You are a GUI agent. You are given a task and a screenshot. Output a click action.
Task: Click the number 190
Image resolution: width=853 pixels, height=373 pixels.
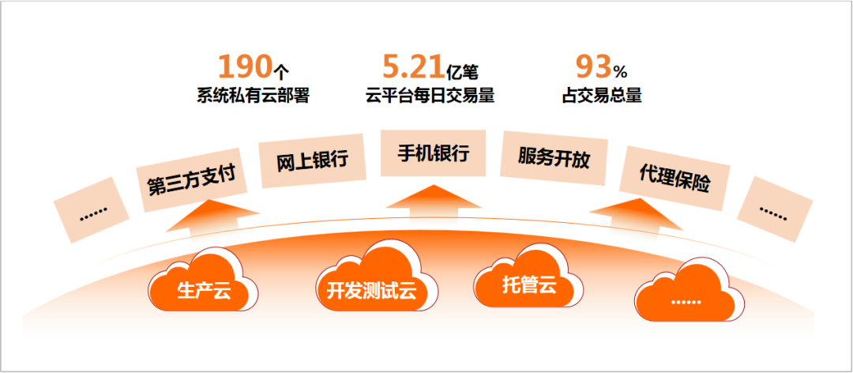pos(244,65)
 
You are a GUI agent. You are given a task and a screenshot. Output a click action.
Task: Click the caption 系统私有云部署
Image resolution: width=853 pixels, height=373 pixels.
pos(253,96)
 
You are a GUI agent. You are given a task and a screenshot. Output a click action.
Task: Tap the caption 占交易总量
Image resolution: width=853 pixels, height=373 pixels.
pos(602,96)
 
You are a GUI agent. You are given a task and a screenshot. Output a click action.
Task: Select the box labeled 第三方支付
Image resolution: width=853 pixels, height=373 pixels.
pos(191,180)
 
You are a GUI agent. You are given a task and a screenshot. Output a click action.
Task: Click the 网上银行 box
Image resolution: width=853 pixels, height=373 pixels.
pos(312,161)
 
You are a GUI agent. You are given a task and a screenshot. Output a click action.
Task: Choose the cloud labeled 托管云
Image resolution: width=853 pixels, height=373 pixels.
pos(528,283)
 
